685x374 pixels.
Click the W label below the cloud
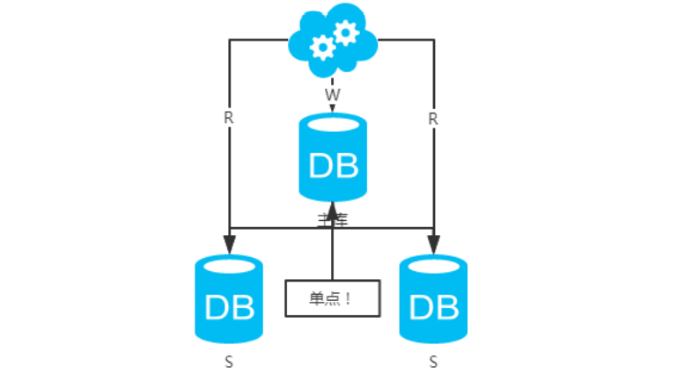pyautogui.click(x=332, y=93)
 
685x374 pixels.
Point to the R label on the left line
pyautogui.click(x=229, y=119)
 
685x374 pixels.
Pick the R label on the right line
pyautogui.click(x=433, y=119)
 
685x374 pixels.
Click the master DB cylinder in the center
pyautogui.click(x=333, y=158)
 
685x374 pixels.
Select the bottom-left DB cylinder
pyautogui.click(x=229, y=299)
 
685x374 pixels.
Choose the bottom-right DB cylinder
pyautogui.click(x=434, y=299)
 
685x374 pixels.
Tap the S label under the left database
pyautogui.click(x=229, y=361)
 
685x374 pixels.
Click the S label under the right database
pyautogui.click(x=433, y=361)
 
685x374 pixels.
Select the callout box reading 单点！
pyautogui.click(x=333, y=298)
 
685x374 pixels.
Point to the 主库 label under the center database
pyautogui.click(x=333, y=220)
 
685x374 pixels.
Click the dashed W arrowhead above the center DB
pyautogui.click(x=333, y=109)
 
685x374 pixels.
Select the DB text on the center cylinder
pyautogui.click(x=333, y=165)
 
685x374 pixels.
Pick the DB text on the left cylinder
pyautogui.click(x=229, y=307)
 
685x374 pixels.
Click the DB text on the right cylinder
pyautogui.click(x=434, y=307)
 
